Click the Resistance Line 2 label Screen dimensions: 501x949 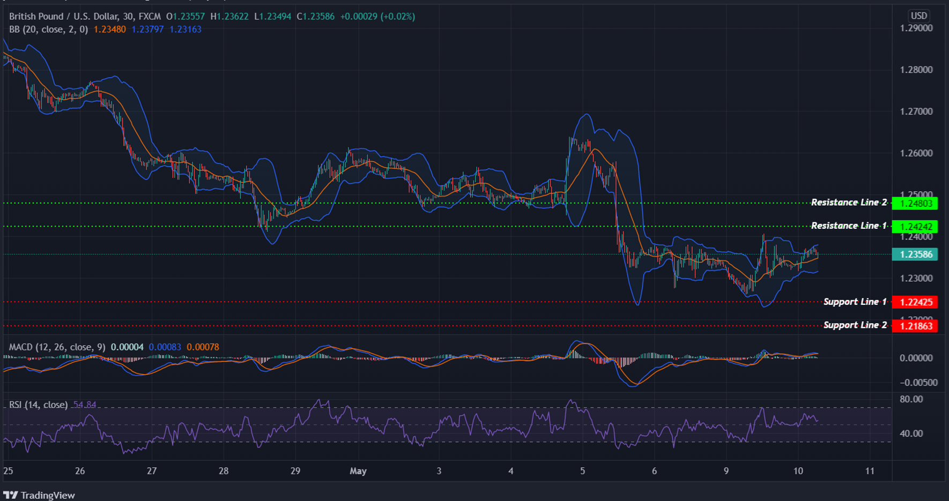[848, 203]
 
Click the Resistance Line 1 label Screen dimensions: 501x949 [848, 226]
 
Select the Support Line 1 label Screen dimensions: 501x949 [855, 302]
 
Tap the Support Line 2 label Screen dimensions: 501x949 [855, 325]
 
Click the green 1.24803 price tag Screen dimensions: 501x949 [915, 204]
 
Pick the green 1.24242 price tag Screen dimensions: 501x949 [915, 227]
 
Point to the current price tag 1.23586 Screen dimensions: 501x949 [915, 255]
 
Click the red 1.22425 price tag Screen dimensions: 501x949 [915, 302]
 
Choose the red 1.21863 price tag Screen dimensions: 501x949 [915, 326]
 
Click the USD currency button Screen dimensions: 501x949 [919, 16]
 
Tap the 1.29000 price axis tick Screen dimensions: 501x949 [916, 28]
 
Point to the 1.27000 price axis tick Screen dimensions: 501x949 [916, 111]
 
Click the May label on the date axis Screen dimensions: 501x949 [358, 471]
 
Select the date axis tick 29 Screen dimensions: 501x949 [295, 471]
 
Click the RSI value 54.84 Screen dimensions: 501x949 [85, 405]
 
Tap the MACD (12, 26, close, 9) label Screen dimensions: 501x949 [57, 347]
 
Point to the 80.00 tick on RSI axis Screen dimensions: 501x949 [911, 399]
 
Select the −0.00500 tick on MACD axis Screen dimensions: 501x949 [918, 383]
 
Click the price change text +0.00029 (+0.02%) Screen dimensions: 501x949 [377, 17]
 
